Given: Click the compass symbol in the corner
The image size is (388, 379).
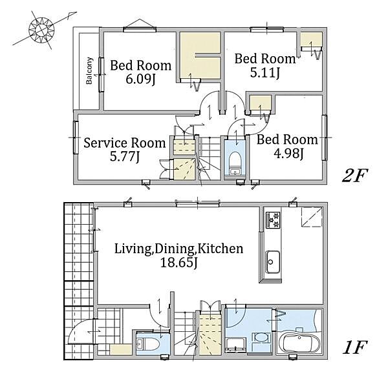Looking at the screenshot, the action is point(41,30).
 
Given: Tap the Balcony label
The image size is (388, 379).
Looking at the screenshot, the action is point(89,70).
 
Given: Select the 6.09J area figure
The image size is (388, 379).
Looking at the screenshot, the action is point(140,79).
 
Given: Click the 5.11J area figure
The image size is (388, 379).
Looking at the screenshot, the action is point(265,72).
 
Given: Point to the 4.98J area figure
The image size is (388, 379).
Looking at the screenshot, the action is point(288,154).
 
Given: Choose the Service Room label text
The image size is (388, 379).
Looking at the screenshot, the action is point(124,143).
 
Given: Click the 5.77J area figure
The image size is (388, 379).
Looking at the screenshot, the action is point(125,156).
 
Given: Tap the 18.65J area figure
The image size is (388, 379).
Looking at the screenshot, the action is point(179,262).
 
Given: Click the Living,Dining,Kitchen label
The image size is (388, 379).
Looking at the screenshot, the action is point(178,249).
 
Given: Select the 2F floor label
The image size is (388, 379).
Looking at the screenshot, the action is point(355,175).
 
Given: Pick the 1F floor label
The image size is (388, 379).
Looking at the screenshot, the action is point(355,347).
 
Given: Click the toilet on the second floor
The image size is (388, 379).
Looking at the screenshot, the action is point(235,163).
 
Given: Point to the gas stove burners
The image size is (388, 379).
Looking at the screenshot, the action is point(273,220).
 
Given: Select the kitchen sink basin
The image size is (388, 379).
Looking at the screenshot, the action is point(273,262).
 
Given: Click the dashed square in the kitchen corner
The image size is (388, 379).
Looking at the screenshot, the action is point(312,217).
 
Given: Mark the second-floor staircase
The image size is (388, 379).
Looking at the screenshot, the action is point(209,161).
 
